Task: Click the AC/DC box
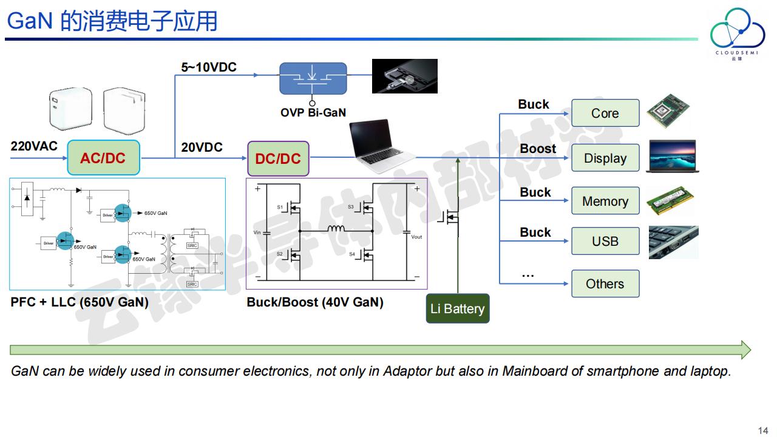click(103, 158)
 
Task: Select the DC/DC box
click(278, 159)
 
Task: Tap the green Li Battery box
click(457, 308)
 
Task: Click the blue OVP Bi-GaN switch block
click(313, 78)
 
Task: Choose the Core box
click(605, 113)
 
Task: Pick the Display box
click(605, 158)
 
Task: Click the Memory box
click(605, 202)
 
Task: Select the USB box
click(605, 241)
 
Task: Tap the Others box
click(605, 283)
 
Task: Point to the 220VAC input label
click(34, 146)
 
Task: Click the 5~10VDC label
click(209, 67)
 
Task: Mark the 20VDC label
click(202, 147)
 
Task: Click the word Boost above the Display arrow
click(538, 149)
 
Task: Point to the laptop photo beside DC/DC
click(381, 146)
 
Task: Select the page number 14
click(763, 430)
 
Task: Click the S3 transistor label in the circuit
click(351, 207)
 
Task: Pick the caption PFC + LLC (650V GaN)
click(80, 302)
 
